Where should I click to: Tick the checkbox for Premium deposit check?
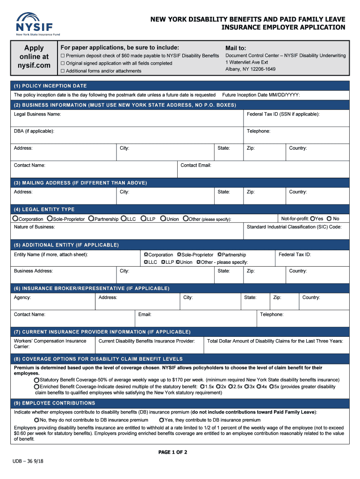[63, 56]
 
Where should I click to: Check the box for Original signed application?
[63, 63]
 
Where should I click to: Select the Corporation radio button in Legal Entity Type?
[16, 219]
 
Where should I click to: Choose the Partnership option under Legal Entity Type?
[91, 219]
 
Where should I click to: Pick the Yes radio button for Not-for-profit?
[312, 218]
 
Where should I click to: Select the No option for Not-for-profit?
[329, 218]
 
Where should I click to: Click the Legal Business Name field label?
[37, 114]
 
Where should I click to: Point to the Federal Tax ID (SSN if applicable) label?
[283, 114]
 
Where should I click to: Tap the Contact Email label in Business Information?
[196, 165]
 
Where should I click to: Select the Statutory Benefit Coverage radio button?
[36, 380]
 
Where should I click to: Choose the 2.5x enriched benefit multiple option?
[230, 387]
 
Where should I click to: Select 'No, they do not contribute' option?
[36, 420]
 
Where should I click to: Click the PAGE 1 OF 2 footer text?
[173, 452]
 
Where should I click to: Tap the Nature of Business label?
[35, 227]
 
